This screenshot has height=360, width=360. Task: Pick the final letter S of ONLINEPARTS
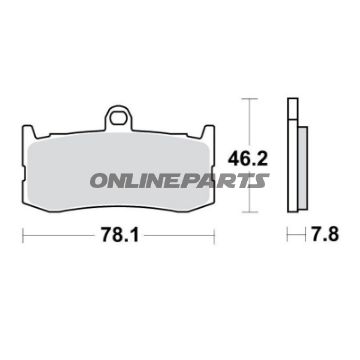tap(263, 181)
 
